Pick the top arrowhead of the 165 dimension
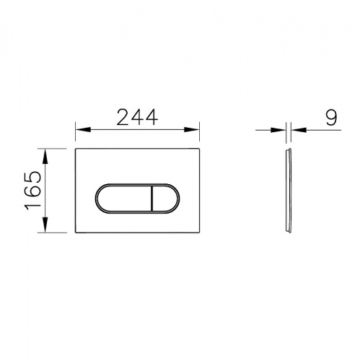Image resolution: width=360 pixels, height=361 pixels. [x=45, y=154]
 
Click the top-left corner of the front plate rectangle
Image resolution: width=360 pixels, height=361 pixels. [x=76, y=149]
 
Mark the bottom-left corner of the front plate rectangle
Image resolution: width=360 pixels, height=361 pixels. [x=76, y=233]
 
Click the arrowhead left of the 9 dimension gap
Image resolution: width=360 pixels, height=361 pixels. [x=282, y=130]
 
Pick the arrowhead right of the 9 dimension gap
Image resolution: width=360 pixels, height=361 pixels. [x=297, y=130]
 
